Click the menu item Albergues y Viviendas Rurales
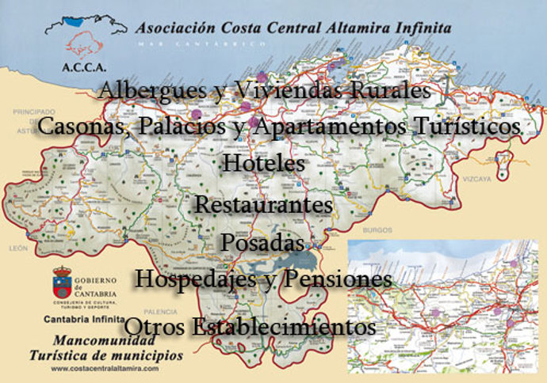tap(264, 91)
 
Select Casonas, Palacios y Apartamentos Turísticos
tap(279, 126)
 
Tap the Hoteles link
tap(264, 163)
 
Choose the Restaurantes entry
tap(263, 204)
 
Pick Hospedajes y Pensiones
tap(263, 279)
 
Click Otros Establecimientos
tap(250, 326)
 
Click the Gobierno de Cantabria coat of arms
tap(62, 282)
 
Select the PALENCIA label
tap(184, 311)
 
